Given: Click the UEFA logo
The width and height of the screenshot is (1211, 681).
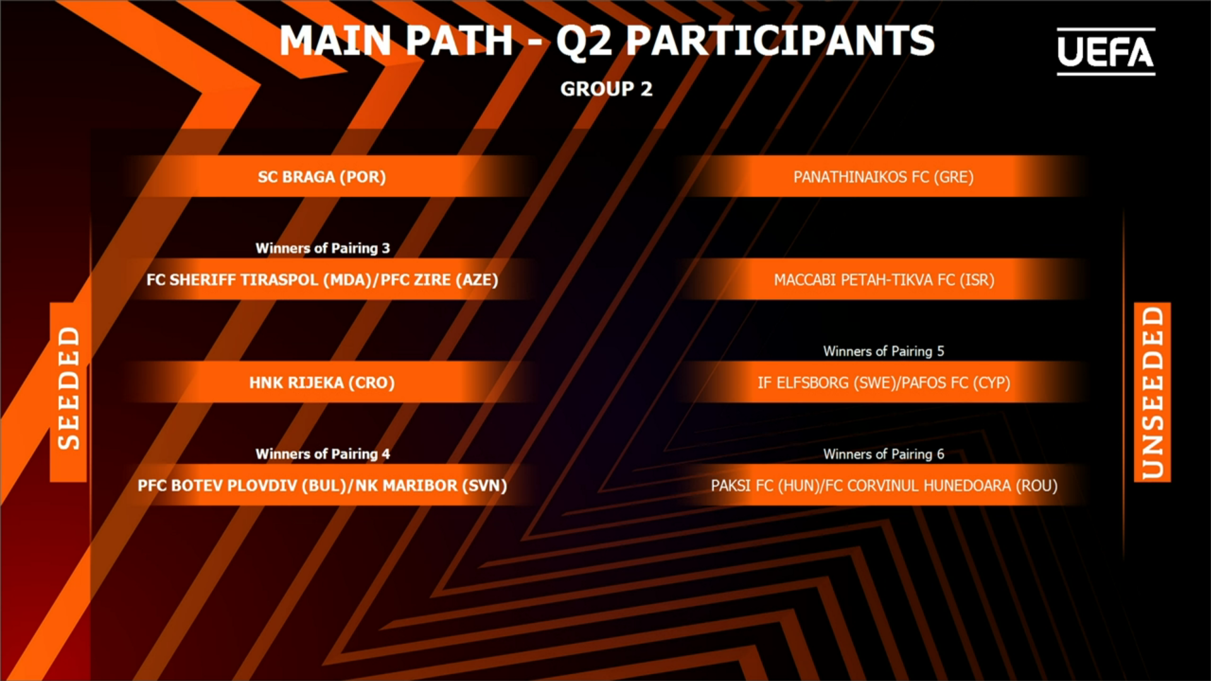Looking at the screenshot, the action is (x=1106, y=51).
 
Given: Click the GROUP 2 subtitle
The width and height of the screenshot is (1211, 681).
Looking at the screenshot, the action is (x=606, y=89).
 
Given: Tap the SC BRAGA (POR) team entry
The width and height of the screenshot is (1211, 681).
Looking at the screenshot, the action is (x=322, y=177).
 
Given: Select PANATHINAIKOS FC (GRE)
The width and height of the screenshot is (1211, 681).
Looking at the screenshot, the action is (x=883, y=177).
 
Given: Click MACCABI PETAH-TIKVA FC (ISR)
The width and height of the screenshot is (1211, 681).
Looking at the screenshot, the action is (x=883, y=280).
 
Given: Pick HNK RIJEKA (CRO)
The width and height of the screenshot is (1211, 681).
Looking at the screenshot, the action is (x=322, y=382).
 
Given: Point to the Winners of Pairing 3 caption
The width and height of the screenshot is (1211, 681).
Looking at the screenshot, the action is (x=322, y=248).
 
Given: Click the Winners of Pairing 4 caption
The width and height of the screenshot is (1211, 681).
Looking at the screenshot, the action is (x=322, y=454).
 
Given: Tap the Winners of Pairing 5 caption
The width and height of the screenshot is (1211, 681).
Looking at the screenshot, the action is (x=883, y=351).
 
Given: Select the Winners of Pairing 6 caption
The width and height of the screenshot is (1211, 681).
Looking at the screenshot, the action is (x=883, y=454).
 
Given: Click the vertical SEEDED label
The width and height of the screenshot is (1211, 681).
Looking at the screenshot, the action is (x=69, y=388).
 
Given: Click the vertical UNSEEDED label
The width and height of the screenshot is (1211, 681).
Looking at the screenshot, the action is (x=1152, y=393).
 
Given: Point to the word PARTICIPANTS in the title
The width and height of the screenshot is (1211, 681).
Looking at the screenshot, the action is (x=780, y=41).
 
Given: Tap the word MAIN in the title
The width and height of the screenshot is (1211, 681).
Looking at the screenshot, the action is (x=336, y=41).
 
